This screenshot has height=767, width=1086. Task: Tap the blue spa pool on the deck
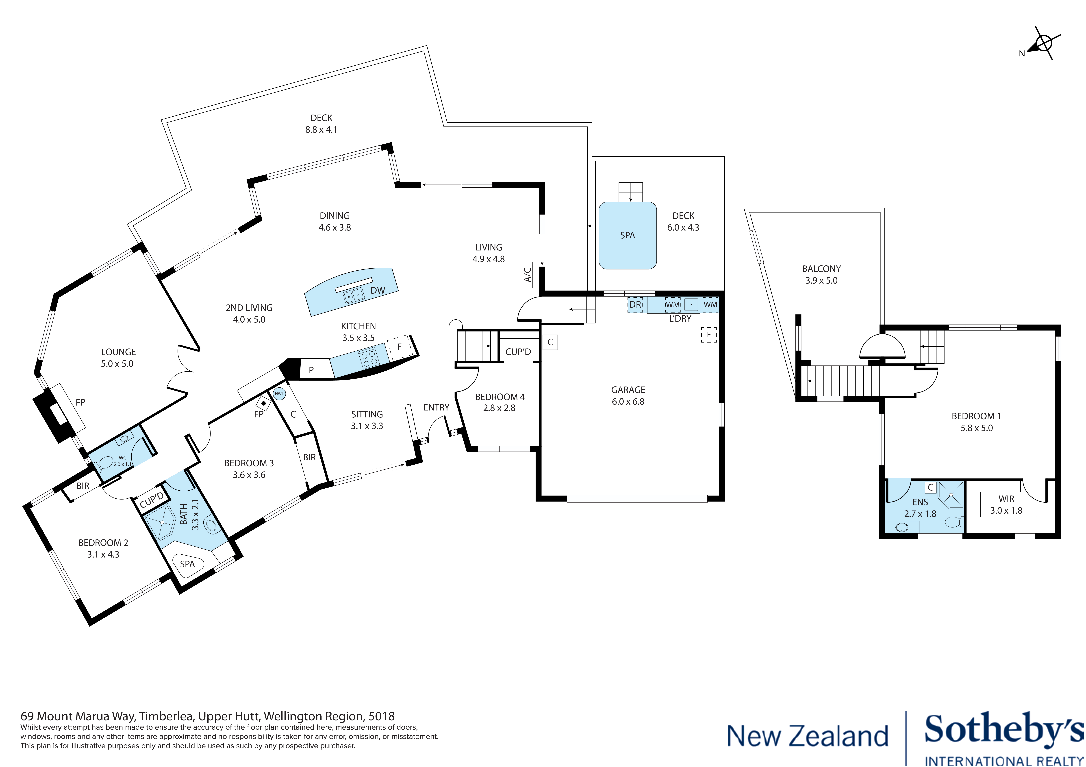(627, 235)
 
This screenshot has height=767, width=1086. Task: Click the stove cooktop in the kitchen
(368, 357)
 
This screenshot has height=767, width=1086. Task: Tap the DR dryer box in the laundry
(635, 305)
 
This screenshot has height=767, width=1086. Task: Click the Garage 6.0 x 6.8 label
(628, 395)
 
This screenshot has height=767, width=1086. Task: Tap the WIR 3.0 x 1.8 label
(1006, 505)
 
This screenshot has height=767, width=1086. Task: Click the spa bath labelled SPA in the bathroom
(188, 564)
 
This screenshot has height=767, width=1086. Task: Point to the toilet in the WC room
(105, 462)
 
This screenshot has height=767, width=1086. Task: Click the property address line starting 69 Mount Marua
(207, 716)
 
